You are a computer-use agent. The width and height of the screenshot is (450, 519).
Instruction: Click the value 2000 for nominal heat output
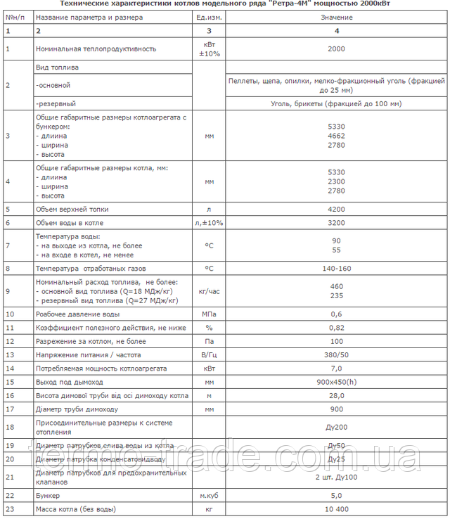point(336,49)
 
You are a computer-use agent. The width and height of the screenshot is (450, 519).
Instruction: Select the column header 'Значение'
point(336,16)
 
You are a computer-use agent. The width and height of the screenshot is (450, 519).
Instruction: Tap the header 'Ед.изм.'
point(208,16)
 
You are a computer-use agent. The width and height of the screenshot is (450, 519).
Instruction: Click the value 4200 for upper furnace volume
point(336,209)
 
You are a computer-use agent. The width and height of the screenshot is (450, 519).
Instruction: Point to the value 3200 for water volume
point(336,223)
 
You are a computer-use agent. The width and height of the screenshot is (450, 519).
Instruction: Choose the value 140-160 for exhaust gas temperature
point(336,268)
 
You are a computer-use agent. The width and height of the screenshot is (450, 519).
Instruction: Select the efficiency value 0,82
point(336,327)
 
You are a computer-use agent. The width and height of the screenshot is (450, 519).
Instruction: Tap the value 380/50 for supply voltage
point(336,354)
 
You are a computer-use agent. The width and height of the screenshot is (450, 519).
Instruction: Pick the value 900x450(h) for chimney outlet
point(336,382)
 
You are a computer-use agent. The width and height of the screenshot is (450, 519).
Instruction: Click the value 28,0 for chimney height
point(336,396)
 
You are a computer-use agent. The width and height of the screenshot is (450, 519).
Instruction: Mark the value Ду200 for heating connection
point(336,427)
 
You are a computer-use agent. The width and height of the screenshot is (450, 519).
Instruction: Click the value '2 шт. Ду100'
point(336,478)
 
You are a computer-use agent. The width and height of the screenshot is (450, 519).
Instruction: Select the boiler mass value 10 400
point(336,508)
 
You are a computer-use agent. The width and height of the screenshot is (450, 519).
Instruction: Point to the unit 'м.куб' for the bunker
point(208,495)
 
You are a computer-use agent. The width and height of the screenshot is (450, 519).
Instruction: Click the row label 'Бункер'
point(47,495)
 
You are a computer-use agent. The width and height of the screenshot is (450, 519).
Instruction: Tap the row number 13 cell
point(10,354)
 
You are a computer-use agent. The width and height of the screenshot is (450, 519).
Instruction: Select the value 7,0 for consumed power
point(336,368)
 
